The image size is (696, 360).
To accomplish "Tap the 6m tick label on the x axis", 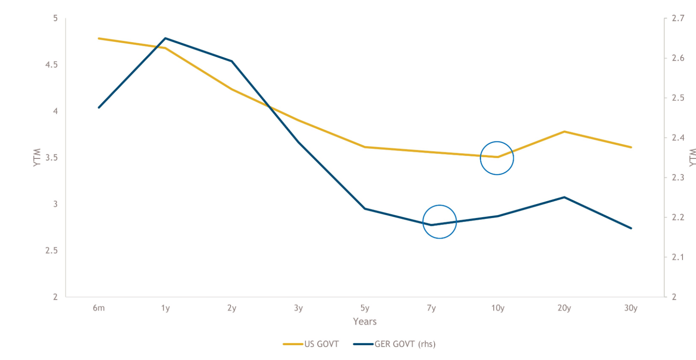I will tap(99, 308).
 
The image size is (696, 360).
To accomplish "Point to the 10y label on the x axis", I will tap(498, 308).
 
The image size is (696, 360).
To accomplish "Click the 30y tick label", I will tap(631, 308).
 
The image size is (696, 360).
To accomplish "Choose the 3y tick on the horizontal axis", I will tap(298, 308).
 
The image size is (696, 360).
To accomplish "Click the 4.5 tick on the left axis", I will tap(51, 64).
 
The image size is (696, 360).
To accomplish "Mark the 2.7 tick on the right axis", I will tap(678, 18).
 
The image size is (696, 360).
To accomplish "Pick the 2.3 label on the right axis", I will tap(678, 178).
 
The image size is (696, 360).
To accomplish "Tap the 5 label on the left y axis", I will tap(55, 18).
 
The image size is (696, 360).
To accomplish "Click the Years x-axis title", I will tap(365, 322).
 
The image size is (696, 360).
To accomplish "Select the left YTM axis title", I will tap(37, 157).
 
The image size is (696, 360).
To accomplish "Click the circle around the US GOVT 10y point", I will tap(497, 158).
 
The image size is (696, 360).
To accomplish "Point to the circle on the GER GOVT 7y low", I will tap(439, 222).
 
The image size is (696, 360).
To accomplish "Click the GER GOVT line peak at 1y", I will tap(165, 38).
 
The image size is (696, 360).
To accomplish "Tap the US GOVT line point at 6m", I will tap(99, 38).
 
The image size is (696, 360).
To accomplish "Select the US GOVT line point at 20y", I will tap(564, 131).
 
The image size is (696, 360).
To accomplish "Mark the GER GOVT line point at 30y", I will tap(631, 228).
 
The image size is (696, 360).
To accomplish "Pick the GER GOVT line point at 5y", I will tap(365, 209).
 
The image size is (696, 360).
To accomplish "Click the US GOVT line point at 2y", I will tap(232, 90).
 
